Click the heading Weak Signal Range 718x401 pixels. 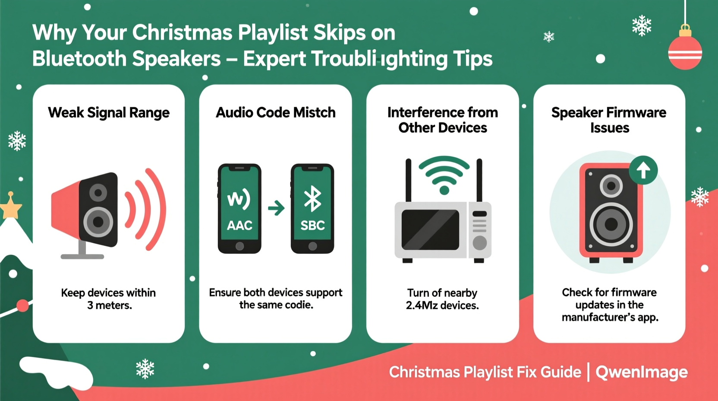pyautogui.click(x=109, y=113)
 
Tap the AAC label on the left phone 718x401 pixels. pyautogui.click(x=239, y=225)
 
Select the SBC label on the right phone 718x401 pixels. pyautogui.click(x=312, y=225)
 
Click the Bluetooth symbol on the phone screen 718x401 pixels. pyautogui.click(x=312, y=199)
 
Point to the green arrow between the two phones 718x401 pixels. pyautogui.click(x=276, y=208)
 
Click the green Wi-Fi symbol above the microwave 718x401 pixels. pyautogui.click(x=444, y=175)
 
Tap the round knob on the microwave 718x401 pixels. pyautogui.click(x=479, y=243)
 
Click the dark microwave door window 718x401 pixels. pyautogui.click(x=430, y=230)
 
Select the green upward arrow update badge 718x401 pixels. pyautogui.click(x=643, y=170)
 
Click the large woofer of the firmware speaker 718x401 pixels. pyautogui.click(x=611, y=224)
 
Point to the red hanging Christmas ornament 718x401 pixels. pyautogui.click(x=685, y=52)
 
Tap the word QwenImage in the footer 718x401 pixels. pyautogui.click(x=642, y=372)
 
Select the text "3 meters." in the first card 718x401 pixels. pyautogui.click(x=110, y=306)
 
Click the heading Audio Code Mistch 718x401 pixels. pyautogui.click(x=276, y=113)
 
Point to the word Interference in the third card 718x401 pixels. pyautogui.click(x=418, y=113)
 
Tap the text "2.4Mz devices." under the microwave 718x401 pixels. pyautogui.click(x=442, y=306)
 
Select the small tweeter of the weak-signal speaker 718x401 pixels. pyautogui.click(x=98, y=192)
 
